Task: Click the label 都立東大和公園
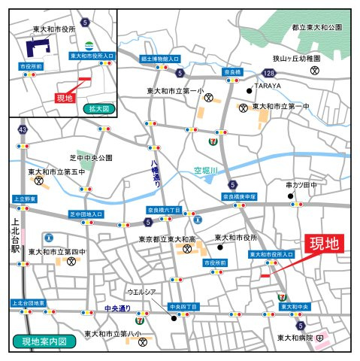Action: pyautogui.click(x=316, y=26)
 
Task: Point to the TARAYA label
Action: pyautogui.click(x=268, y=86)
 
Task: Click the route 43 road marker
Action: pyautogui.click(x=23, y=129)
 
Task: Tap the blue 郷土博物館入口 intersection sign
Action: pyautogui.click(x=160, y=58)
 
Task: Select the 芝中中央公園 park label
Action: pyautogui.click(x=91, y=158)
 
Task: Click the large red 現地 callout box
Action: pyautogui.click(x=324, y=244)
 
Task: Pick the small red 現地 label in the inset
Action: pyautogui.click(x=65, y=98)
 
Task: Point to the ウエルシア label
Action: pyautogui.click(x=141, y=291)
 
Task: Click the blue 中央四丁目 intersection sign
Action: pyautogui.click(x=183, y=307)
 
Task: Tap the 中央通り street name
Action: pyautogui.click(x=118, y=308)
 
